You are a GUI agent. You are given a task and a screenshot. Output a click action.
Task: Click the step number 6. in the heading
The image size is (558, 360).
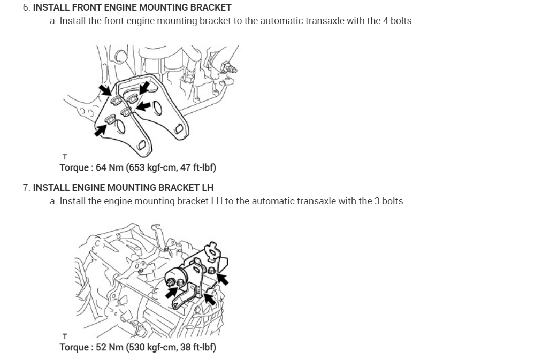pyautogui.click(x=27, y=7)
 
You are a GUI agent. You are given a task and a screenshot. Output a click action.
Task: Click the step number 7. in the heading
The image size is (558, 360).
pyautogui.click(x=27, y=188)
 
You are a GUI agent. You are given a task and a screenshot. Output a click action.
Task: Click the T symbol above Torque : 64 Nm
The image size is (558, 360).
pyautogui.click(x=65, y=157)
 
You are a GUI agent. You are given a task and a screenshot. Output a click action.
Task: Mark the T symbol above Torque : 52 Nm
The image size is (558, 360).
pyautogui.click(x=65, y=336)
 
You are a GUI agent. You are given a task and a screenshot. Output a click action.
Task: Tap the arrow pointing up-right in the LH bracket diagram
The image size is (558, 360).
pyautogui.click(x=172, y=292)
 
